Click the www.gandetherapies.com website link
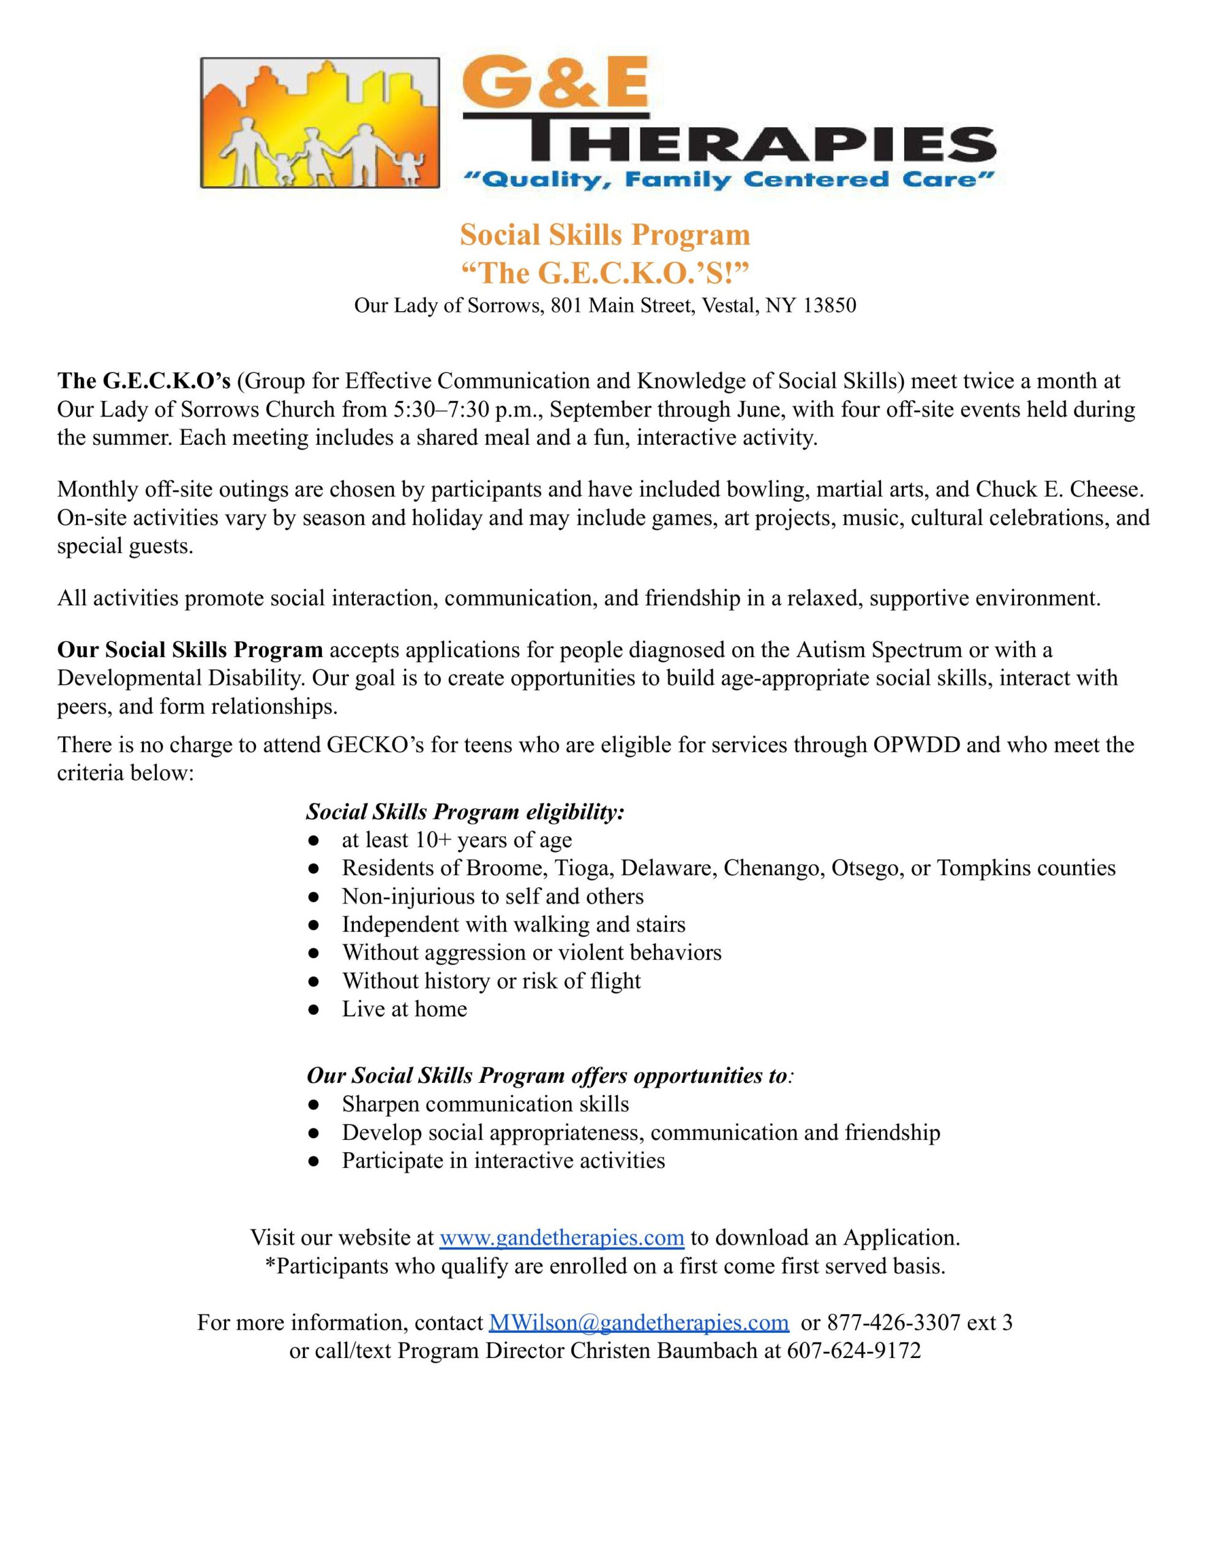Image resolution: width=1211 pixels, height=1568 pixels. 561,1238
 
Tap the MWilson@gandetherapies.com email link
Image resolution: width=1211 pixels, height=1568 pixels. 638,1322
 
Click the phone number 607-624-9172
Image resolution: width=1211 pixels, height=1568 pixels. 853,1351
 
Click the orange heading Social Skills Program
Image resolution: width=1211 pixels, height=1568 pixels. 605,235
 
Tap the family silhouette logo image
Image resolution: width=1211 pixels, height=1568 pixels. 320,124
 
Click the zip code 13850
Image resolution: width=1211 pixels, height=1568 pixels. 830,306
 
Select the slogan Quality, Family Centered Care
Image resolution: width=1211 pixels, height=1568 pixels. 727,179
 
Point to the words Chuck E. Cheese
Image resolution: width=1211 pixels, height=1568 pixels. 1058,489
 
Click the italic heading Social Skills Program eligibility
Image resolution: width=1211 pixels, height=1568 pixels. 465,812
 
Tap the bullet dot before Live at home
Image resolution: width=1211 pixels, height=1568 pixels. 313,1009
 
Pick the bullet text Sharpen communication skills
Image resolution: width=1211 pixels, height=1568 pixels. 486,1104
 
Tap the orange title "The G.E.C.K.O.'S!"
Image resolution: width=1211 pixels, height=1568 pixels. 605,273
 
